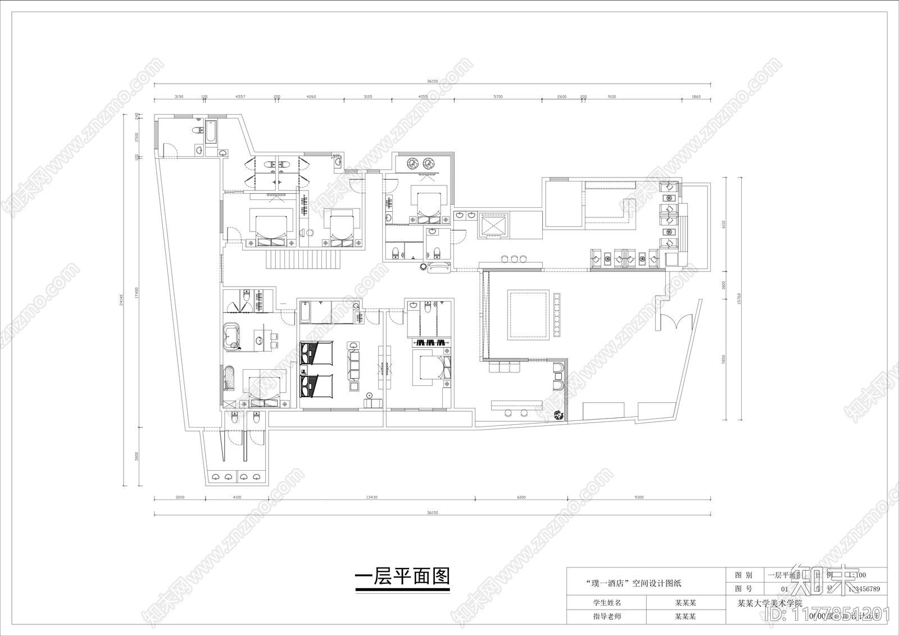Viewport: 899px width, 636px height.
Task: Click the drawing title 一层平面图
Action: point(403,577)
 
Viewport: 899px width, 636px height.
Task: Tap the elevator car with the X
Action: point(492,226)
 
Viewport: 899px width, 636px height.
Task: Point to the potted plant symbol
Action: point(558,415)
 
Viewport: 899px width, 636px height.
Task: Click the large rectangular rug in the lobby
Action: point(528,314)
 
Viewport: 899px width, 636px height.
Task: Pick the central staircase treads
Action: point(303,260)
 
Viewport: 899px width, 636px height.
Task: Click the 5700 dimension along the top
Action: point(498,97)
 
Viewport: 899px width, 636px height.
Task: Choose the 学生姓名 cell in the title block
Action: point(607,603)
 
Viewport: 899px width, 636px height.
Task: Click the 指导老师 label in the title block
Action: point(607,616)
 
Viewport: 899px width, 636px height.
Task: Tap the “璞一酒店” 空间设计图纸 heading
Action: point(633,583)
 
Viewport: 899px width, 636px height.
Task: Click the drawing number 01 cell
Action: point(785,589)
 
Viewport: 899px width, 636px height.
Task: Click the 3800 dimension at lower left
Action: point(136,457)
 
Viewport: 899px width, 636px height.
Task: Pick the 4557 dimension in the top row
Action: point(240,97)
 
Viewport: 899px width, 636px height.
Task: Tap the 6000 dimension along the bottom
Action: point(521,497)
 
